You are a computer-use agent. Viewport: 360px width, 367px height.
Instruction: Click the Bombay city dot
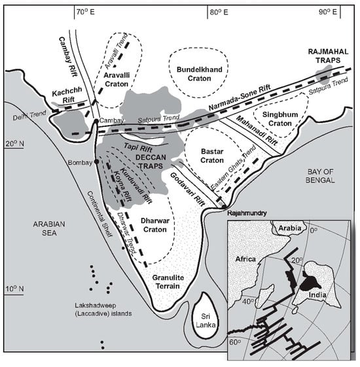click(96, 162)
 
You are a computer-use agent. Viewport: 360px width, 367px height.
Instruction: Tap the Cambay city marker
click(96, 121)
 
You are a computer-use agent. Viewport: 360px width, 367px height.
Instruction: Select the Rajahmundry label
click(247, 213)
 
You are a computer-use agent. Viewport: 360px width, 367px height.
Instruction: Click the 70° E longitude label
click(86, 12)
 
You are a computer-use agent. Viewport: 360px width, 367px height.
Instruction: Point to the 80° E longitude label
click(219, 12)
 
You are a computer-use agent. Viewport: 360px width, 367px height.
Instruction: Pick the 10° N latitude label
click(15, 288)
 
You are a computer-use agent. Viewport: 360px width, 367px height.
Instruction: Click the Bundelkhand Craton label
click(200, 74)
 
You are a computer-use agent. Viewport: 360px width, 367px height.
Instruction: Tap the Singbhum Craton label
click(280, 119)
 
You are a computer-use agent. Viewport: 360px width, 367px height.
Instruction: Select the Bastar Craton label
click(212, 156)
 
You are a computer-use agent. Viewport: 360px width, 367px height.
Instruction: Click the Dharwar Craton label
click(155, 225)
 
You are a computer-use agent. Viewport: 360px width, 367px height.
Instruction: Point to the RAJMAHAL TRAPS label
click(328, 56)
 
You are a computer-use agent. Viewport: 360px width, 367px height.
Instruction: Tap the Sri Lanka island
click(206, 314)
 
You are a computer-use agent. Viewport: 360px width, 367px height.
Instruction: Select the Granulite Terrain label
click(168, 282)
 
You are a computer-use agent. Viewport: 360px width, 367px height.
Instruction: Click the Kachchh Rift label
click(67, 95)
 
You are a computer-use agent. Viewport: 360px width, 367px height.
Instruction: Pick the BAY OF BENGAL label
click(320, 176)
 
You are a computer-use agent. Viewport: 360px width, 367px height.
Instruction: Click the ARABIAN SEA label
click(49, 228)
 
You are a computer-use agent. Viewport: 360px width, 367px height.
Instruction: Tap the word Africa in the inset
click(245, 259)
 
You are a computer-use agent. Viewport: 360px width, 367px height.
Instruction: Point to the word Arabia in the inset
click(290, 228)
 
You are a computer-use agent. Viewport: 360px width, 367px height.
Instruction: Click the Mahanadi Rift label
click(257, 131)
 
